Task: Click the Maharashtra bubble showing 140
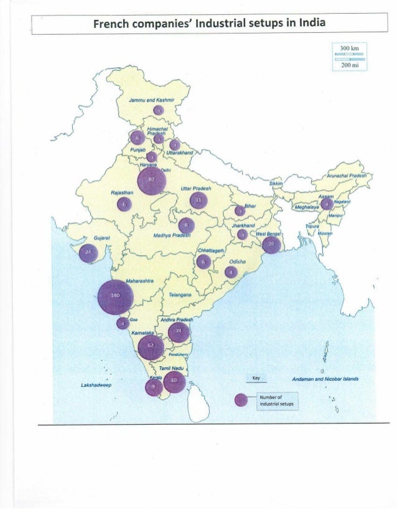115,297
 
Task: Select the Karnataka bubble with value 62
150,347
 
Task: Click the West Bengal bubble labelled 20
271,245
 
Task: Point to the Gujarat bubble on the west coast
88,253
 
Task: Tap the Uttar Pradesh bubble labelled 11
199,200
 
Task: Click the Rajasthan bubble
124,204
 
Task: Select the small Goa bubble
123,323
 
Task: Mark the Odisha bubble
231,272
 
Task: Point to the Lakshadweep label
96,385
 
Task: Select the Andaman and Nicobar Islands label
328,379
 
